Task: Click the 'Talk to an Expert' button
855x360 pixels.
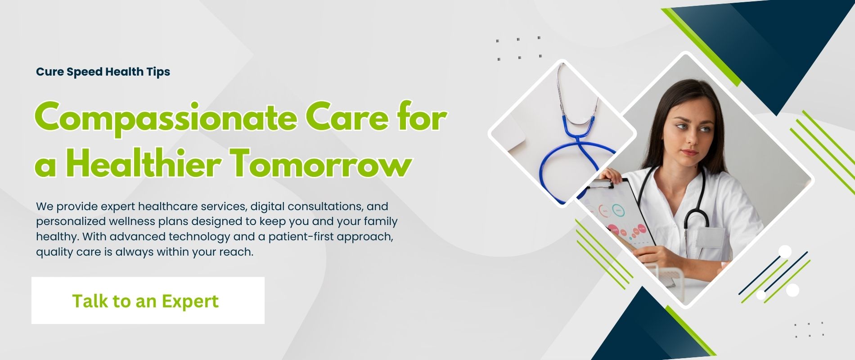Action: click(x=148, y=301)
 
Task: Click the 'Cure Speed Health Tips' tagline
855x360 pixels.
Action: click(x=103, y=72)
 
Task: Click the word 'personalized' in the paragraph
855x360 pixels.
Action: click(x=70, y=222)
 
